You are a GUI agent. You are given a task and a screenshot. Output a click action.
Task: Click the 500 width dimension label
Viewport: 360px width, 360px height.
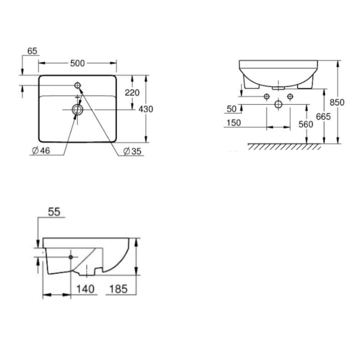[x=77, y=63]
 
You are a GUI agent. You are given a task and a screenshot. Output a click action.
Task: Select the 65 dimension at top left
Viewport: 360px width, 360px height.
[x=32, y=51]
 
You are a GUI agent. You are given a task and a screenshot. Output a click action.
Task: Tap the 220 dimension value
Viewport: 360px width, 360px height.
[x=132, y=93]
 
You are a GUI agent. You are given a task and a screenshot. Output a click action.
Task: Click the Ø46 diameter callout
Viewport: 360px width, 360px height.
[x=41, y=151]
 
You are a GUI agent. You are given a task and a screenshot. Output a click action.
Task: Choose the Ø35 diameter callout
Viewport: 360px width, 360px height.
[x=132, y=151]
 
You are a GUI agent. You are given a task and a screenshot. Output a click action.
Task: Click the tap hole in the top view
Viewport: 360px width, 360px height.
[x=78, y=85]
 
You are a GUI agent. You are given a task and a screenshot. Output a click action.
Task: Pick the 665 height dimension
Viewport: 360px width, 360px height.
[x=324, y=116]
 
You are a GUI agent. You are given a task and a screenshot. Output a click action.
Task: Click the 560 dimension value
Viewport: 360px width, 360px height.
[x=306, y=124]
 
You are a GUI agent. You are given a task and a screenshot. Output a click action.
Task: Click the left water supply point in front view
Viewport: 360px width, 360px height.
[x=266, y=96]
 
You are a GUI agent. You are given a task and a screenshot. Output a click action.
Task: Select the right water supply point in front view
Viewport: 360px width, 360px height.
[x=290, y=96]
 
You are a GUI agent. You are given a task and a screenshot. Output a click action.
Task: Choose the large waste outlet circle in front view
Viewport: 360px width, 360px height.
[x=278, y=104]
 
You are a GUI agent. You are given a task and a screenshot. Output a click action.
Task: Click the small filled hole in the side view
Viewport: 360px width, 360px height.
[x=71, y=257]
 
